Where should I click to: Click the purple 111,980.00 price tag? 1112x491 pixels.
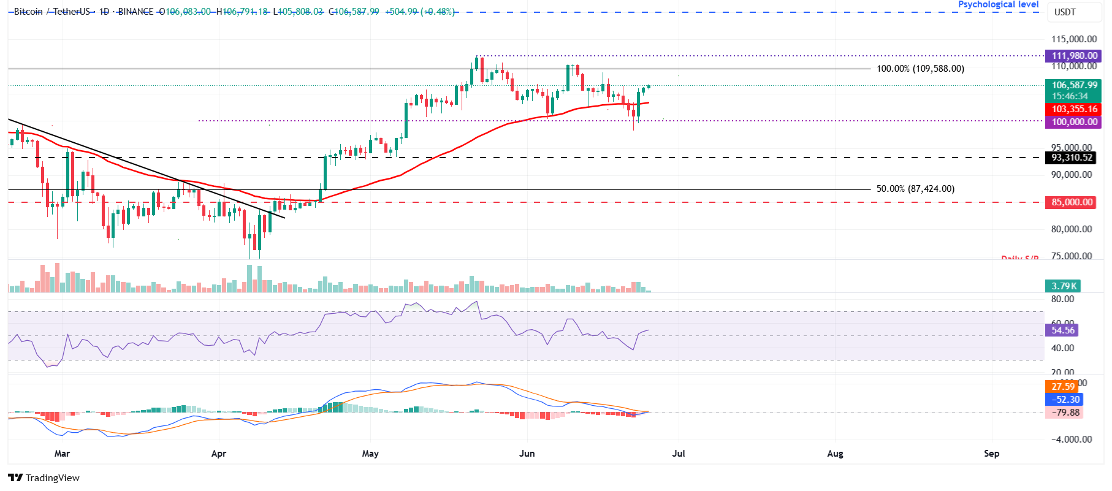tap(1073, 56)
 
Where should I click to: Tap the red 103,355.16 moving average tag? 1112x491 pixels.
tap(1073, 109)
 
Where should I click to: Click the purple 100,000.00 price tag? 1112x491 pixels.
tap(1073, 122)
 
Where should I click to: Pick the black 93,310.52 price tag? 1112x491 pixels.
tap(1071, 158)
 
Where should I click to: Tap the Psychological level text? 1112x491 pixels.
tap(998, 5)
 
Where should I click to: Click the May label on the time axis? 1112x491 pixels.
tap(370, 454)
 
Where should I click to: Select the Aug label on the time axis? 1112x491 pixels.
tap(835, 454)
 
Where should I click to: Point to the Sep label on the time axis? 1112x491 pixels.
tap(991, 454)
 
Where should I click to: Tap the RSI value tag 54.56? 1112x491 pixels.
tap(1062, 330)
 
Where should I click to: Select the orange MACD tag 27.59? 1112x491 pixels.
tap(1062, 387)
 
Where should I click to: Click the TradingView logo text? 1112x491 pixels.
tap(52, 478)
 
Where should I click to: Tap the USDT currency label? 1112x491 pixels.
tap(1065, 12)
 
